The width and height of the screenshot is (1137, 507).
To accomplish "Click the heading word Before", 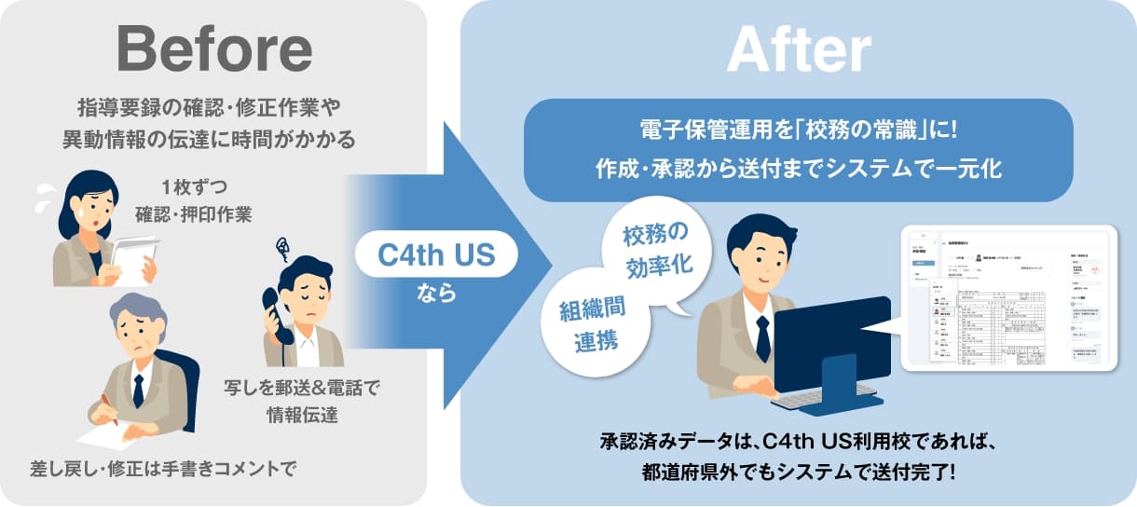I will [213, 48].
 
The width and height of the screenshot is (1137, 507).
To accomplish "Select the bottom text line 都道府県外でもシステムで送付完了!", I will [799, 472].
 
